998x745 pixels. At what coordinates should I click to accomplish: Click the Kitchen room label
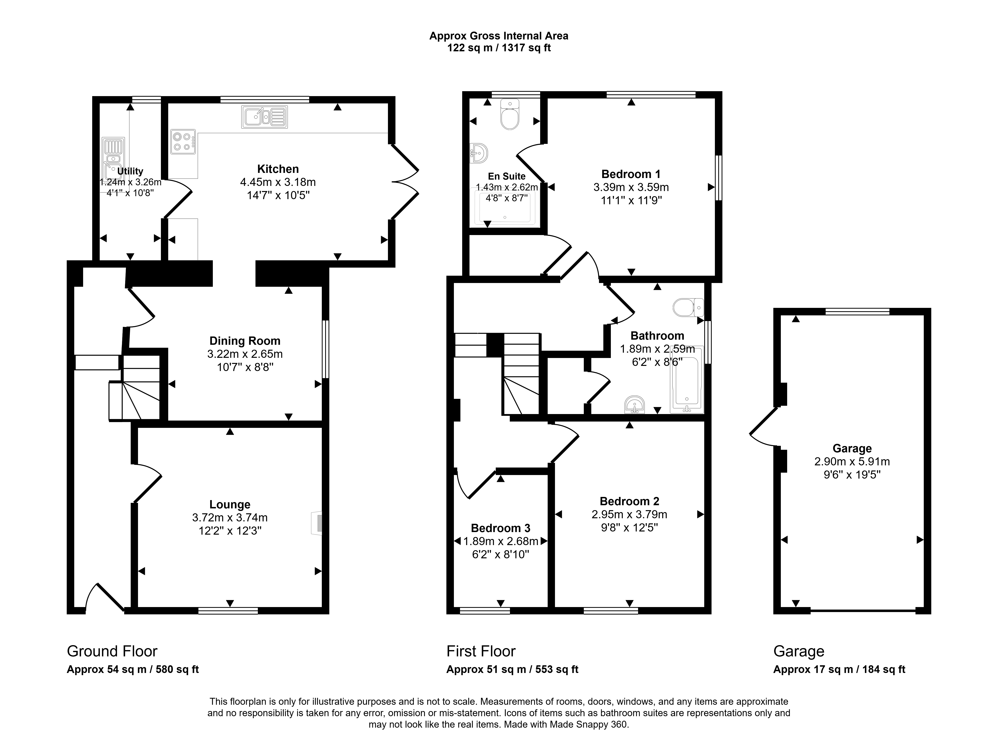(278, 169)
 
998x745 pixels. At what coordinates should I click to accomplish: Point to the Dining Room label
(245, 341)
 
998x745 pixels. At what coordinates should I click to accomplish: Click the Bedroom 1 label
(631, 174)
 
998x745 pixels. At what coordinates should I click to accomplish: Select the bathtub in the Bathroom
(687, 380)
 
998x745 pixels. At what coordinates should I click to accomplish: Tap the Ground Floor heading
(112, 651)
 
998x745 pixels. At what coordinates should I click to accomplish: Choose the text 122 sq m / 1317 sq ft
(499, 48)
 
